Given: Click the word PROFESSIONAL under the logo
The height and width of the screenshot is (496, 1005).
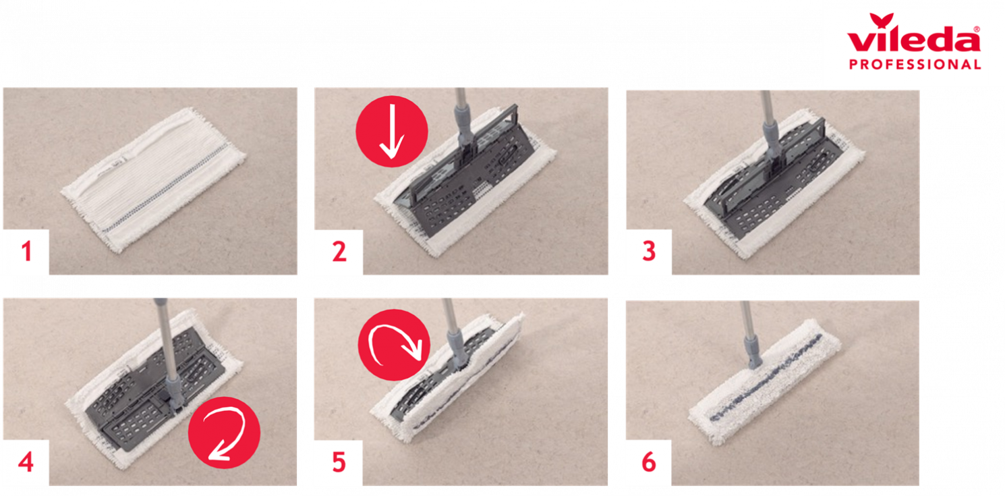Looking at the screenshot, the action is (x=915, y=64).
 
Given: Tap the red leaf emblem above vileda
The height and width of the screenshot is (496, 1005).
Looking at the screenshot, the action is (x=881, y=21).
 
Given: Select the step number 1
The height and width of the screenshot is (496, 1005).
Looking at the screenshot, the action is (x=27, y=251).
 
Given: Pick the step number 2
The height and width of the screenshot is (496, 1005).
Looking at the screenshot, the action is (x=340, y=251).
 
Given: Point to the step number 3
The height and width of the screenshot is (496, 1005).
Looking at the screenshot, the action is (x=650, y=251).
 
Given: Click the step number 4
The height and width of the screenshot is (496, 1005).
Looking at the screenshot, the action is (x=26, y=462).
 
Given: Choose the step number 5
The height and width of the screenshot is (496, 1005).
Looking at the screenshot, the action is (x=339, y=462).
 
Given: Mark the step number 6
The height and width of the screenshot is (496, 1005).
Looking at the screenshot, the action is (x=649, y=462).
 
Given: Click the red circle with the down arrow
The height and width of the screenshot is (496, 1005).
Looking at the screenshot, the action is (x=392, y=131).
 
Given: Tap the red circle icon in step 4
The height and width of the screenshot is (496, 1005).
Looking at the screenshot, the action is (x=224, y=433).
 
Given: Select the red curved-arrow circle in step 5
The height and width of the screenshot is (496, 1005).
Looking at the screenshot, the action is (x=394, y=345).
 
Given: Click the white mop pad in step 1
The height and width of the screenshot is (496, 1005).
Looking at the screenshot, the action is (x=153, y=180).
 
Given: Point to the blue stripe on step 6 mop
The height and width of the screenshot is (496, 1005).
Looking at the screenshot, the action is (x=766, y=377).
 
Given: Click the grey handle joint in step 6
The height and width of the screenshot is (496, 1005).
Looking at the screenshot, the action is (x=752, y=350).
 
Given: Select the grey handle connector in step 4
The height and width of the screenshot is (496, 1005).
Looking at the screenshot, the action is (x=174, y=391).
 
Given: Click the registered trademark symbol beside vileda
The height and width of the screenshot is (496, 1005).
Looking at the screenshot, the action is (x=977, y=30).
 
